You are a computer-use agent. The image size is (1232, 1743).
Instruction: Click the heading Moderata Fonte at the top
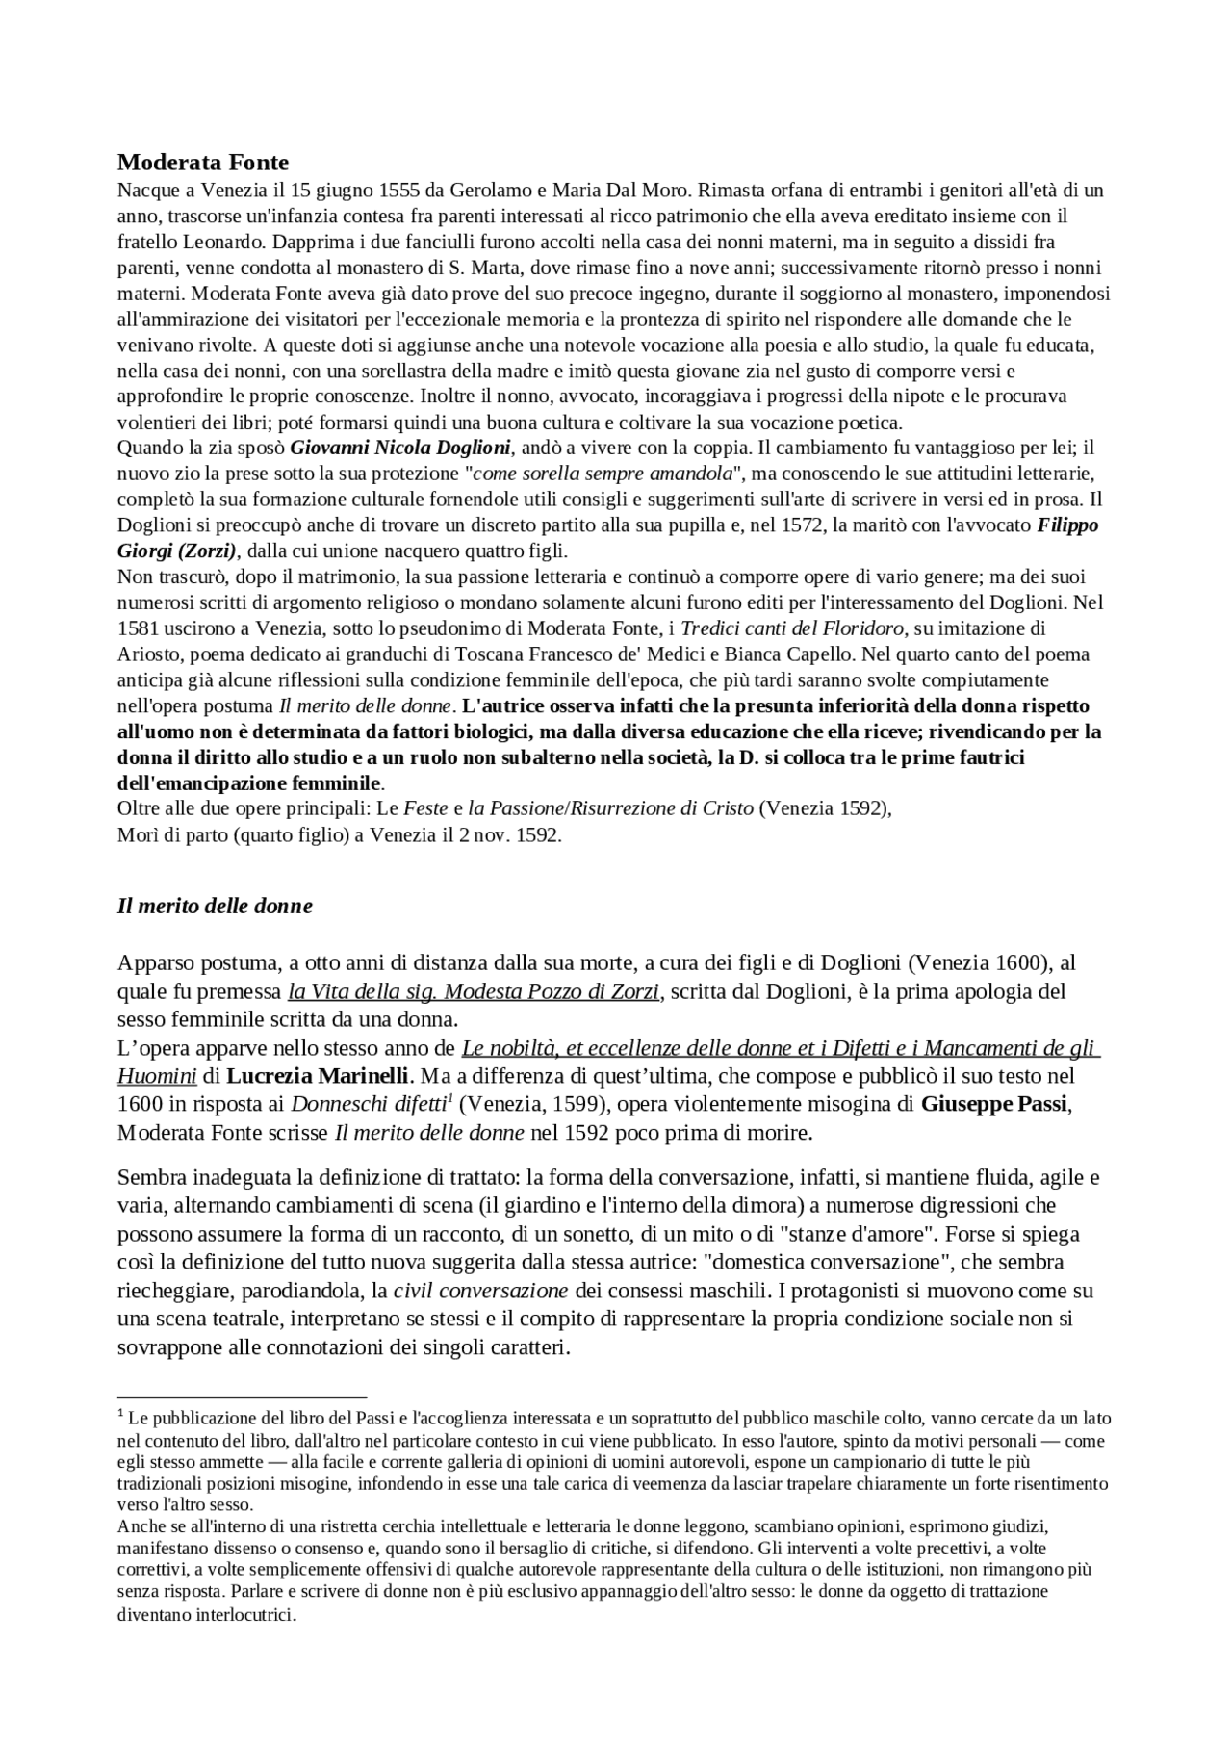[x=202, y=162]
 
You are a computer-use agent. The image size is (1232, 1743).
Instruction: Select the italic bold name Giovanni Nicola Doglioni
[x=400, y=447]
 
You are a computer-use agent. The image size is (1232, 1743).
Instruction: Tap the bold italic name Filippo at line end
[x=1067, y=525]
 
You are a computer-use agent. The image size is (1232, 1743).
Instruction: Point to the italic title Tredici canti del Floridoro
[x=792, y=628]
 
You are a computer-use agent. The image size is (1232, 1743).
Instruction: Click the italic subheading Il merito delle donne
[x=215, y=906]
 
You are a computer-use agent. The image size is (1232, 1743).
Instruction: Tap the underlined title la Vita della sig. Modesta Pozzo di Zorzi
[x=474, y=990]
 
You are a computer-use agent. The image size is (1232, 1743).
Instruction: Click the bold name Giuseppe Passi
[x=994, y=1103]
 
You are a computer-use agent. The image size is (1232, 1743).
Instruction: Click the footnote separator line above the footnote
[x=242, y=1396]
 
